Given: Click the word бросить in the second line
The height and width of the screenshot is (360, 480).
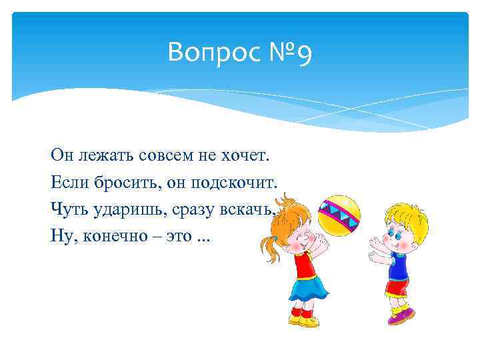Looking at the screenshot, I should pyautogui.click(x=123, y=183).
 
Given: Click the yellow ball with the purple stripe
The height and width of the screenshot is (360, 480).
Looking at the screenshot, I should pyautogui.click(x=339, y=216).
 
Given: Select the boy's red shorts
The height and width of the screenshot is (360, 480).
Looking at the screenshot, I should pyautogui.click(x=395, y=288).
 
